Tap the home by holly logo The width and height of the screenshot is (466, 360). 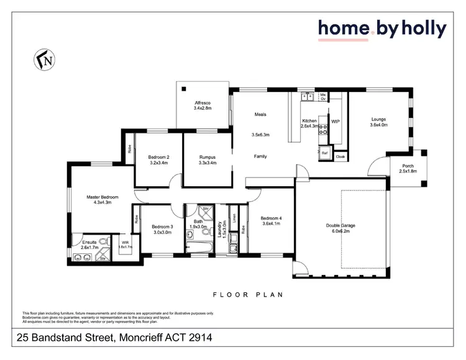382,29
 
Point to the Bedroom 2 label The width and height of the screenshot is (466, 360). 159,157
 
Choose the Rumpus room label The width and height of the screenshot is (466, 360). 207,157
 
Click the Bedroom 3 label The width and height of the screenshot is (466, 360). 163,227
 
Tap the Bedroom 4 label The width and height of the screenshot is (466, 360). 271,218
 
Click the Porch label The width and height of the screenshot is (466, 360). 407,166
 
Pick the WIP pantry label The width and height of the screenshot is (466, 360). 336,122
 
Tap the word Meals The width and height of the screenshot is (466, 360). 260,114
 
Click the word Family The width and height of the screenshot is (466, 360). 260,156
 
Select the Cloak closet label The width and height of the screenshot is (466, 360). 340,157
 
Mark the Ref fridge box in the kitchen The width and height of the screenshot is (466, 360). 324,153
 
